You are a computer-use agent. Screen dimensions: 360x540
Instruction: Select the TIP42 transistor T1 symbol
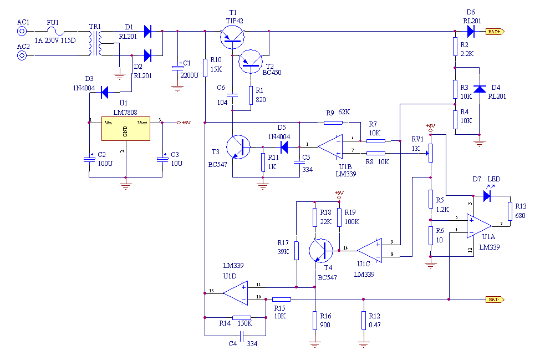(232, 37)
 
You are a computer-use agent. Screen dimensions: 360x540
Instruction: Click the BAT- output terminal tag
(495, 300)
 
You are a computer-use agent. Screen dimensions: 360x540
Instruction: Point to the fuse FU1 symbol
(53, 32)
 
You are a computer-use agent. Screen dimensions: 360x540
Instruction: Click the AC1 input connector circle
(23, 32)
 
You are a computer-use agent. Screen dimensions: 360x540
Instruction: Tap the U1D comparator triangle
(236, 293)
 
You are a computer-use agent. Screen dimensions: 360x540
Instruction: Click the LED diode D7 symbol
(487, 195)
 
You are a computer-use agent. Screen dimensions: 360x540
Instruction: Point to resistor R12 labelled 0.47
(364, 320)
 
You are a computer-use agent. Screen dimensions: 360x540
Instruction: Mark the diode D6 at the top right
(471, 32)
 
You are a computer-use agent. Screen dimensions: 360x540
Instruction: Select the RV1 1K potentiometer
(430, 151)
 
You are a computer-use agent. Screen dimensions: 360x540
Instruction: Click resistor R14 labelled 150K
(242, 317)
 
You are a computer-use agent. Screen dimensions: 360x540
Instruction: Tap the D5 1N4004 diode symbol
(284, 147)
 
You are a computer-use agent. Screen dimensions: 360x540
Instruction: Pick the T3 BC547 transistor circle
(240, 147)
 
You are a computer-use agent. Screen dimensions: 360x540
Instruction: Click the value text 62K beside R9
(344, 113)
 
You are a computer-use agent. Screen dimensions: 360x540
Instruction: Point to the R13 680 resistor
(510, 211)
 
